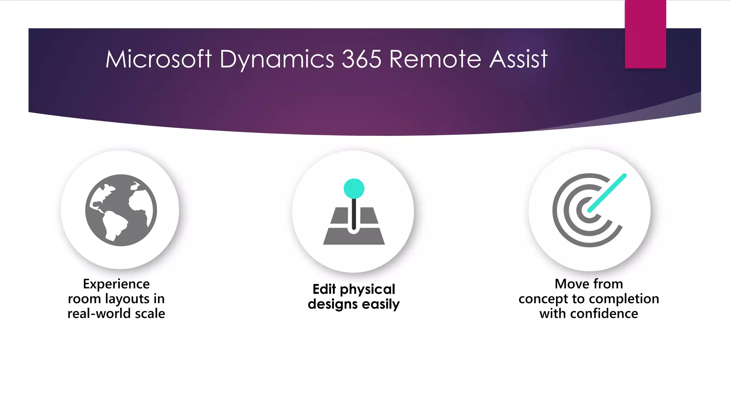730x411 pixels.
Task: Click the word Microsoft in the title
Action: (x=159, y=59)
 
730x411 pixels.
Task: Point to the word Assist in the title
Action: (x=518, y=59)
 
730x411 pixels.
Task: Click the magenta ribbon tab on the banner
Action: (x=645, y=34)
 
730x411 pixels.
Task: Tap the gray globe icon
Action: (x=121, y=210)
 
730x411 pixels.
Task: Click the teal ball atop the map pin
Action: (x=354, y=188)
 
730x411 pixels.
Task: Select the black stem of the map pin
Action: (x=354, y=214)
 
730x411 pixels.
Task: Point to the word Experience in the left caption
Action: (x=116, y=284)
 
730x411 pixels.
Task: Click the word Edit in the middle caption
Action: (x=324, y=289)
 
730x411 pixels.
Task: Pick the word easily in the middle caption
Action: (x=381, y=304)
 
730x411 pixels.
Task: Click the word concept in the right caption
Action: (x=543, y=299)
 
